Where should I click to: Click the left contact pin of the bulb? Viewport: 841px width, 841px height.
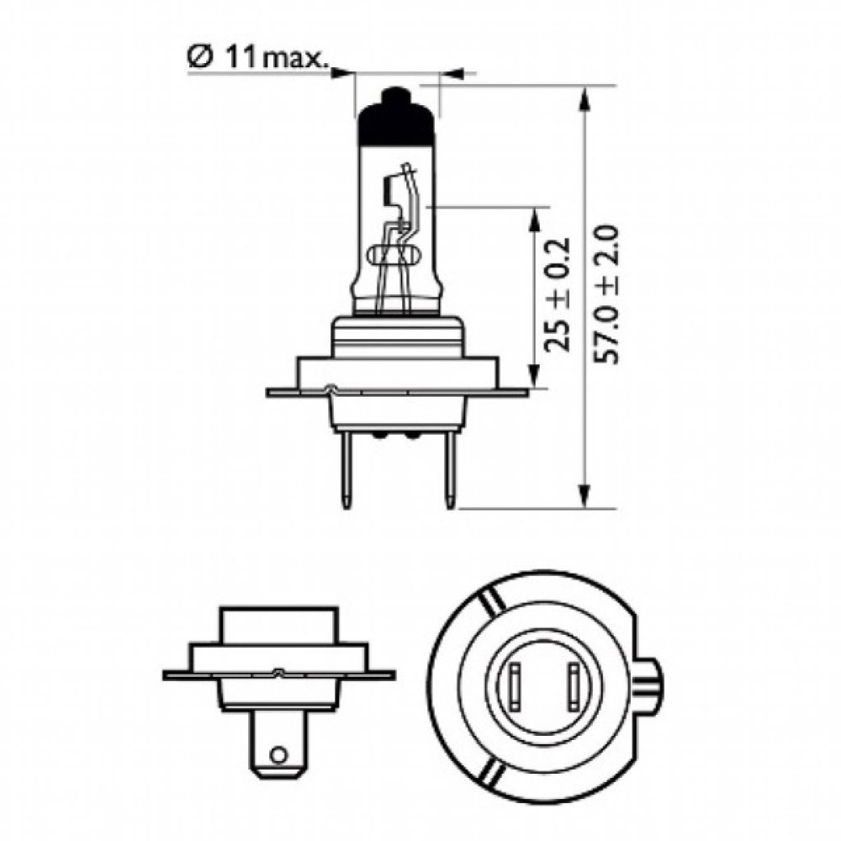pos(346,470)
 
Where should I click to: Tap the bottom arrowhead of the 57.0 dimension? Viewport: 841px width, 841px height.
pos(583,496)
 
